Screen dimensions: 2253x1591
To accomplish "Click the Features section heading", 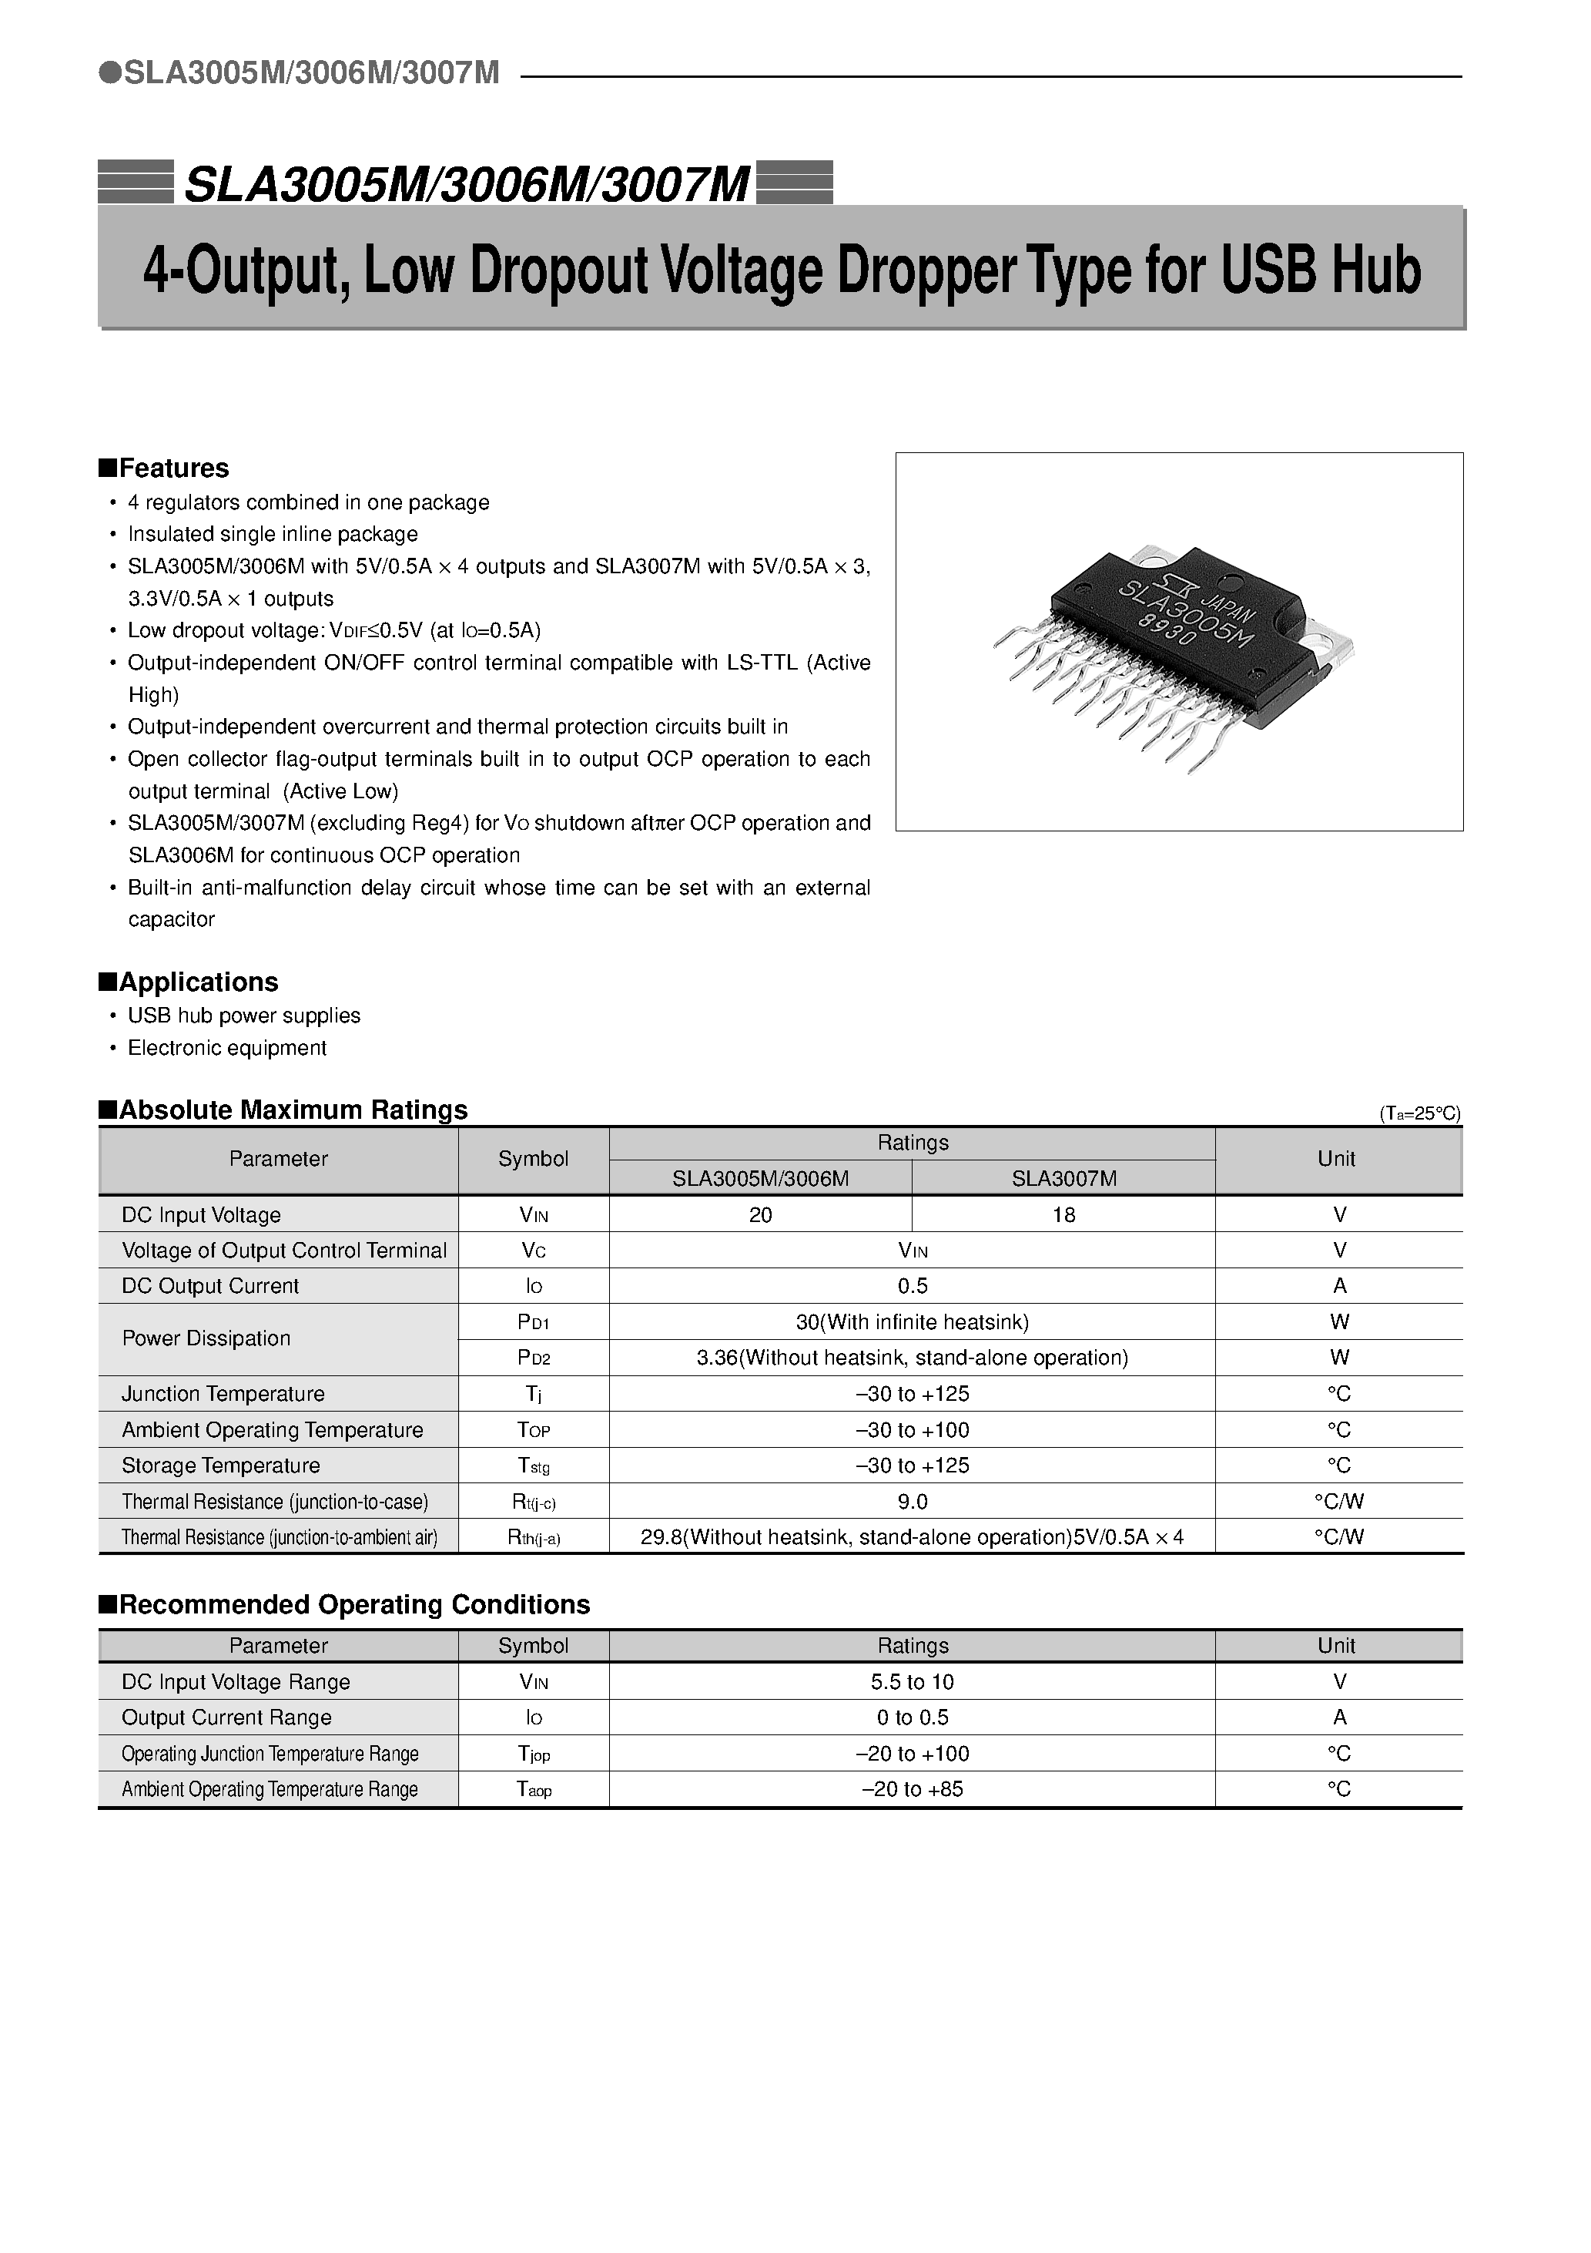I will tap(164, 468).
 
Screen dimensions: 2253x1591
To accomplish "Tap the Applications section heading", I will tap(189, 982).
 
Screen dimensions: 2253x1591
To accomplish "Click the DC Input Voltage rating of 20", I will tap(760, 1215).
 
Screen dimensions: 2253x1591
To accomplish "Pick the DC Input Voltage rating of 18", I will tap(1063, 1215).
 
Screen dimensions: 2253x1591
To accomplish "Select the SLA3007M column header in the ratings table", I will tap(1063, 1178).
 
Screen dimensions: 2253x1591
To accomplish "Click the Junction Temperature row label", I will tap(223, 1393).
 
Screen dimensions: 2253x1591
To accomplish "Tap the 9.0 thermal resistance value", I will tap(913, 1501).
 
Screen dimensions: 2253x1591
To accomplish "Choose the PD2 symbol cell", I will tap(534, 1358).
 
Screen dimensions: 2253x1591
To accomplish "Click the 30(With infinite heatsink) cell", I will tap(913, 1321).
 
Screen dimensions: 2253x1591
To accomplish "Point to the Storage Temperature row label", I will tap(221, 1465).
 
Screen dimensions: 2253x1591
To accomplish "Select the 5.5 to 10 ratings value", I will tap(913, 1682).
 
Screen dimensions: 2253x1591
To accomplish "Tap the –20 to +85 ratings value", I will tap(913, 1789).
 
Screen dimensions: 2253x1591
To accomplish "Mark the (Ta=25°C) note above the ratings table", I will tap(1419, 1113).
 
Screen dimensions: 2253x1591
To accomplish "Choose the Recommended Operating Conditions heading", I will tap(344, 1604).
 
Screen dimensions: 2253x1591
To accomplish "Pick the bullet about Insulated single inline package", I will tap(273, 534).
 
